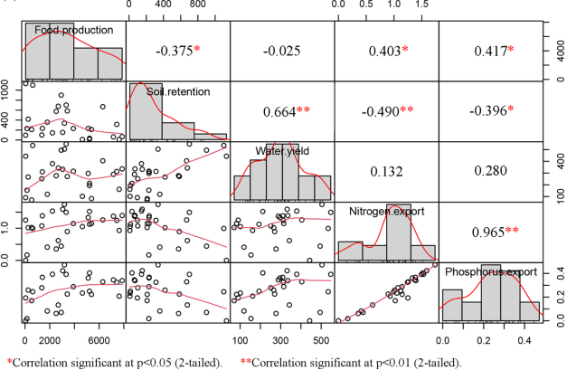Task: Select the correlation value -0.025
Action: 281,49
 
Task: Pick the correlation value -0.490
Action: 384,111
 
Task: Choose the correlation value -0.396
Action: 488,111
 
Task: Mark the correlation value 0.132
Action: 386,171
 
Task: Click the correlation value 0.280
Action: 489,171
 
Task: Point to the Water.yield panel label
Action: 282,151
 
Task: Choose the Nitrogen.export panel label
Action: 385,212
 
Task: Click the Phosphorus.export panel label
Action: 489,271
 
